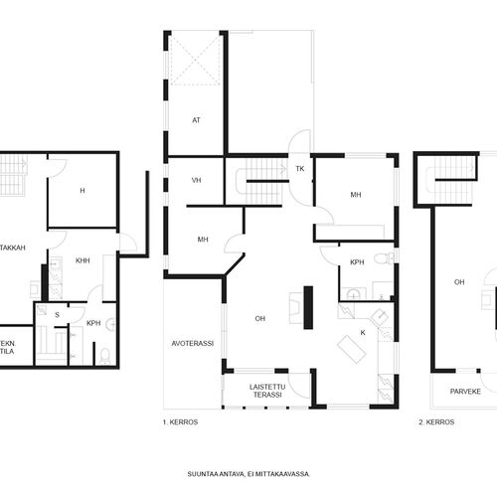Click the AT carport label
click(196, 120)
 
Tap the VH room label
click(197, 180)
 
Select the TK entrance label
click(300, 169)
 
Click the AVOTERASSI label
click(193, 344)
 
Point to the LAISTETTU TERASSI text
click(267, 391)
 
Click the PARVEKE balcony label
click(465, 392)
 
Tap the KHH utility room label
click(83, 260)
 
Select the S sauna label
click(57, 315)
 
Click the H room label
click(83, 191)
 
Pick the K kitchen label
click(363, 333)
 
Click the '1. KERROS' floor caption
click(180, 422)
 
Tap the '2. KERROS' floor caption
click(436, 422)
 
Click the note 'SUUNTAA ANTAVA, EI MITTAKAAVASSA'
click(248, 474)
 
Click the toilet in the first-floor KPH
click(384, 257)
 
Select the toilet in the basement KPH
click(104, 356)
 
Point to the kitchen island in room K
click(352, 349)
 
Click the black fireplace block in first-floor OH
click(308, 307)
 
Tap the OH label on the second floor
click(459, 282)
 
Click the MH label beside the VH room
click(203, 240)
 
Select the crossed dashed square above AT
click(195, 61)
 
